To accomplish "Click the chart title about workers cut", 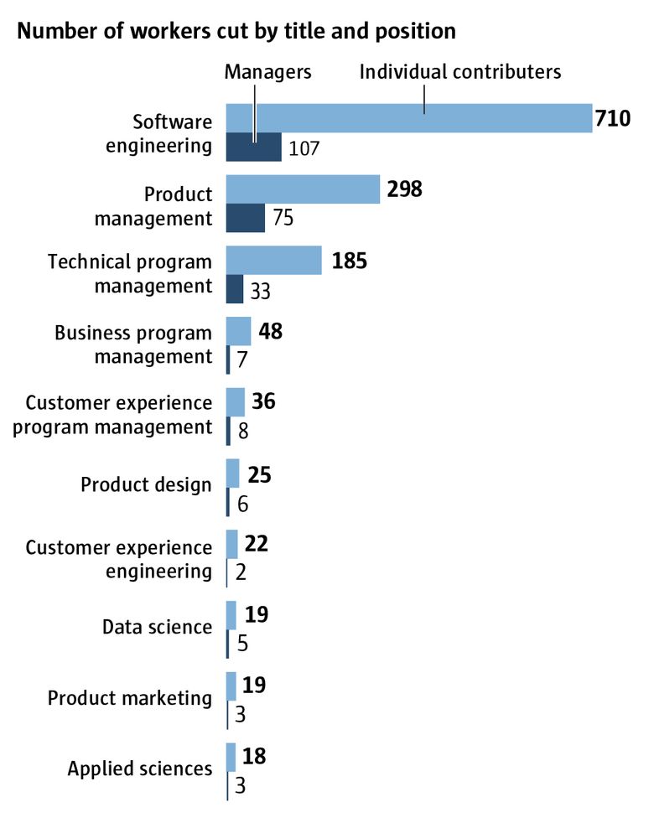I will pyautogui.click(x=236, y=32).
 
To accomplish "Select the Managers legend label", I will pyautogui.click(x=267, y=72).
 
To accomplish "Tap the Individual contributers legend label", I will pyautogui.click(x=459, y=72).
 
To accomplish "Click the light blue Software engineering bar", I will pyautogui.click(x=409, y=119).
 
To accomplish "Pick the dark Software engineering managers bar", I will pyautogui.click(x=254, y=147).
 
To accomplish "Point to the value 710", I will pyautogui.click(x=612, y=120).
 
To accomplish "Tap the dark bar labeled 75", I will pyautogui.click(x=246, y=219).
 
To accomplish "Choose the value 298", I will pyautogui.click(x=404, y=190).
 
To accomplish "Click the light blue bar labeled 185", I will pyautogui.click(x=274, y=261).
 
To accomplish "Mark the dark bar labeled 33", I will pyautogui.click(x=235, y=289).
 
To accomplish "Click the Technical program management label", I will pyautogui.click(x=130, y=274).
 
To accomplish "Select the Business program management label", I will pyautogui.click(x=133, y=344).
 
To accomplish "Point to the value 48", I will pyautogui.click(x=271, y=332).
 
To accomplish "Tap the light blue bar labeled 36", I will pyautogui.click(x=236, y=402).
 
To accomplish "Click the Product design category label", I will pyautogui.click(x=146, y=485).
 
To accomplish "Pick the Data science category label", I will pyautogui.click(x=157, y=627).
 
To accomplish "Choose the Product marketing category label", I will pyautogui.click(x=130, y=698).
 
